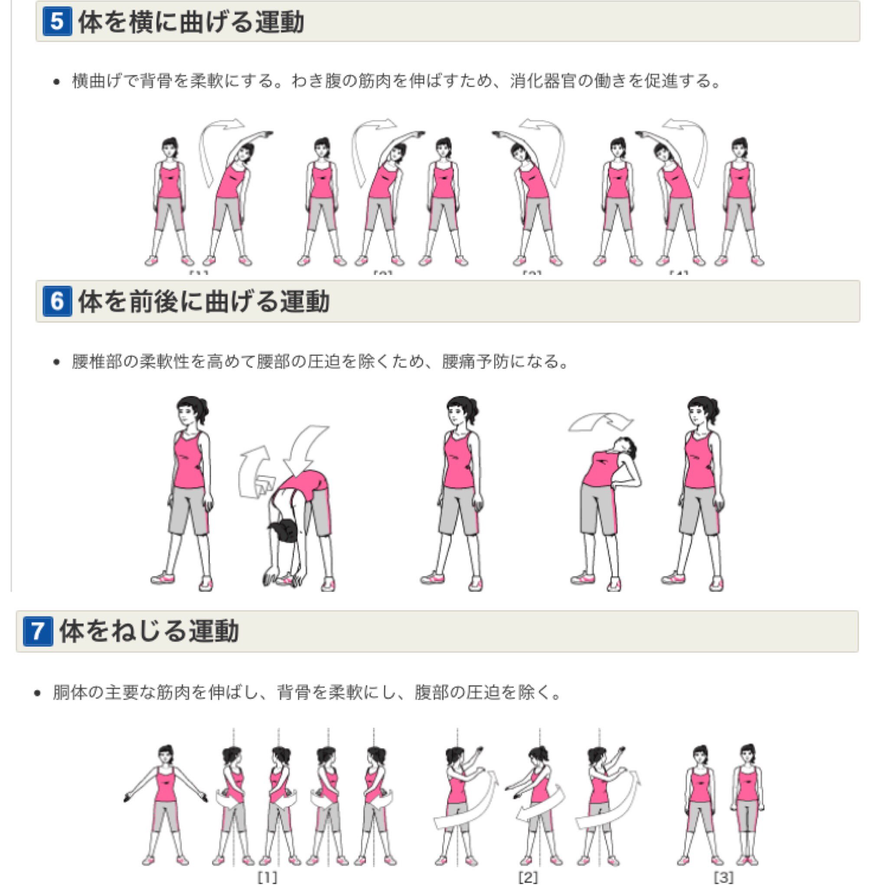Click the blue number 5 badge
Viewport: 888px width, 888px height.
(x=57, y=22)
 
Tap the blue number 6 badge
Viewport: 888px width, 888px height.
(x=57, y=301)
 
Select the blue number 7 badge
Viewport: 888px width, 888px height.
(x=38, y=631)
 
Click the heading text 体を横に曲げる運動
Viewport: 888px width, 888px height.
(x=191, y=22)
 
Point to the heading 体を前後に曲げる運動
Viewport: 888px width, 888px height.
(x=204, y=301)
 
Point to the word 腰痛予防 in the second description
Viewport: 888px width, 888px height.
(x=475, y=362)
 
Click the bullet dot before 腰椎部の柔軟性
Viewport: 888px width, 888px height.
(x=56, y=362)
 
